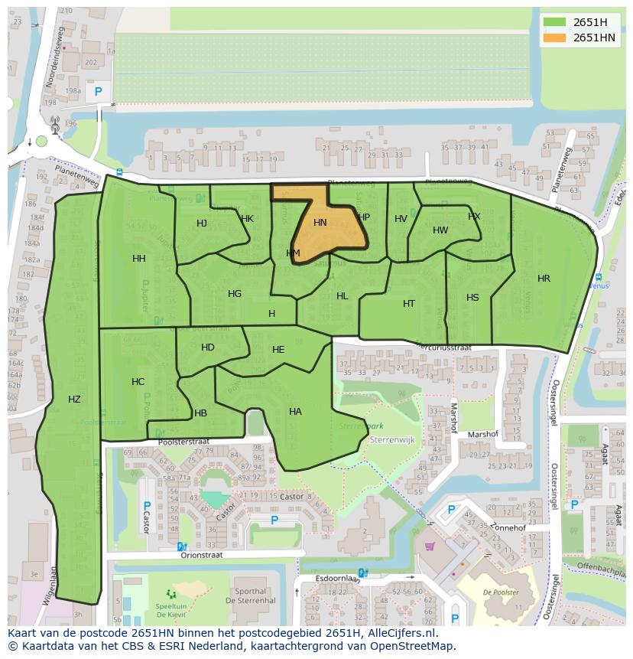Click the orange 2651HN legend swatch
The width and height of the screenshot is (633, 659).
tap(555, 38)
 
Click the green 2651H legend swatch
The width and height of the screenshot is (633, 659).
tap(555, 22)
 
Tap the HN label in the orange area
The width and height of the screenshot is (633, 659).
tap(320, 223)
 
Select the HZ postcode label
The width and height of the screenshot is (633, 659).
tap(74, 399)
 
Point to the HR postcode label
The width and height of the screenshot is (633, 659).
tap(544, 279)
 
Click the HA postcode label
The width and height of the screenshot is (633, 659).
tap(295, 412)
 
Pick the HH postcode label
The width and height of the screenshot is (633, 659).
tap(138, 259)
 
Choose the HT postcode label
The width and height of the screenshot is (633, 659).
tap(409, 304)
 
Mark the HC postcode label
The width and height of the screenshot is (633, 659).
tap(138, 382)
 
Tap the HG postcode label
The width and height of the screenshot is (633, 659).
tap(235, 294)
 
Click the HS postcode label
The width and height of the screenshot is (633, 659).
tap(472, 298)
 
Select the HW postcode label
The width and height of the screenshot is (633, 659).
tap(440, 230)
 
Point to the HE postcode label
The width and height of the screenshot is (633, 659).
tap(278, 350)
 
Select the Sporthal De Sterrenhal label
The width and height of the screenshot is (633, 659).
tap(251, 596)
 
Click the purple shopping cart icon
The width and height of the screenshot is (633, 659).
tap(430, 546)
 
